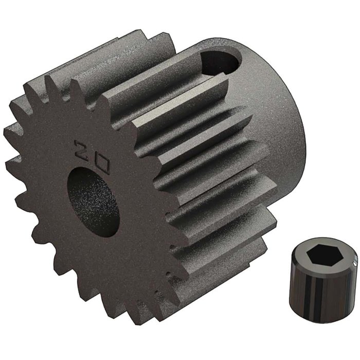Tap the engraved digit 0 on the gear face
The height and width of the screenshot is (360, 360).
point(100,164)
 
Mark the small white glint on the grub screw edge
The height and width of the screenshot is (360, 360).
point(354,264)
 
